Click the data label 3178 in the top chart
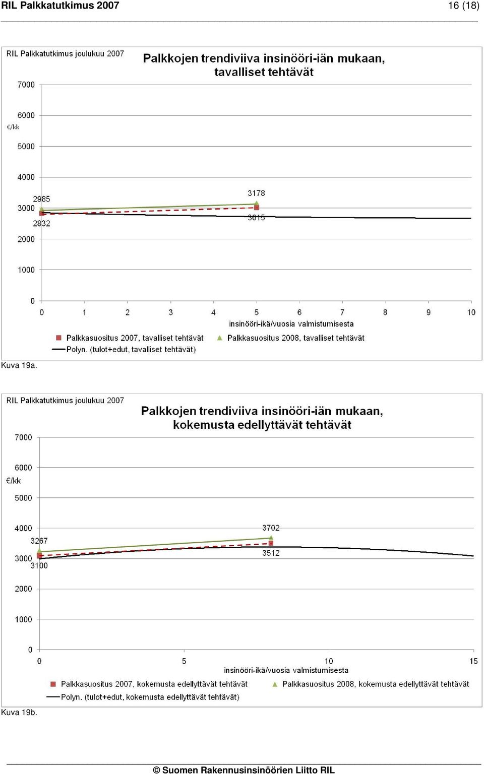click(x=256, y=193)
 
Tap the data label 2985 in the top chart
click(x=41, y=199)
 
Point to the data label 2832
click(x=41, y=224)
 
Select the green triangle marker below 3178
click(x=257, y=203)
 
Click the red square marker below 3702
click(x=271, y=543)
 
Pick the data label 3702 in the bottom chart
click(x=271, y=528)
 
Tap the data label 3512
click(x=271, y=553)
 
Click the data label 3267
click(x=39, y=541)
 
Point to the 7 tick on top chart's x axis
click(x=342, y=312)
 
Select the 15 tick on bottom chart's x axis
click(x=473, y=661)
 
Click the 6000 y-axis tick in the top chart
click(x=26, y=115)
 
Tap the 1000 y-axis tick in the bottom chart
click(x=23, y=619)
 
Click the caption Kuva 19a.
click(x=19, y=365)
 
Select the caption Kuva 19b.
click(x=19, y=713)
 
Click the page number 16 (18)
click(x=464, y=6)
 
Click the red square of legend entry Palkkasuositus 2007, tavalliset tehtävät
click(x=59, y=338)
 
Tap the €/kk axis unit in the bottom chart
click(x=14, y=481)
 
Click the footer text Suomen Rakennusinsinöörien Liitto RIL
click(x=248, y=770)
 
